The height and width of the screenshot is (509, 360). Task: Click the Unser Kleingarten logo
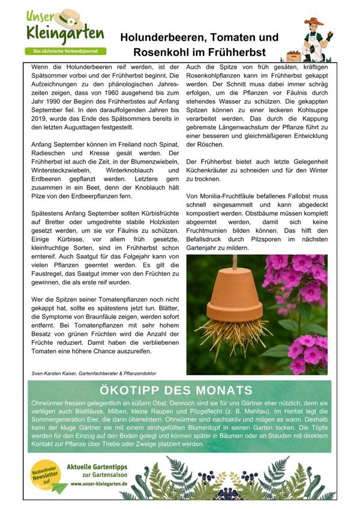[x=65, y=28]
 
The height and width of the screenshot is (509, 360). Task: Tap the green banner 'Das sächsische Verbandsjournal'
[x=65, y=52]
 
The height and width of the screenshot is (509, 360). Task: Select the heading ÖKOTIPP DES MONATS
[x=179, y=390]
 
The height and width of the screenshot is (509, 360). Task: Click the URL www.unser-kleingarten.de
[x=98, y=483]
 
